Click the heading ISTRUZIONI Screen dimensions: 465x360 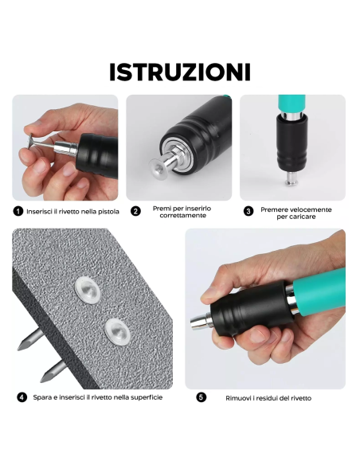(180, 72)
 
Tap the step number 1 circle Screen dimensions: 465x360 (18, 211)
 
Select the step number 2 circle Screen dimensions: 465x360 (135, 211)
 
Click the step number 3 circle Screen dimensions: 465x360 (248, 211)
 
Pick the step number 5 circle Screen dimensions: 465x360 (201, 397)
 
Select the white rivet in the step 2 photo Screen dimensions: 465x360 (161, 166)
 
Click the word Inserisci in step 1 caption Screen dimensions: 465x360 (40, 211)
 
